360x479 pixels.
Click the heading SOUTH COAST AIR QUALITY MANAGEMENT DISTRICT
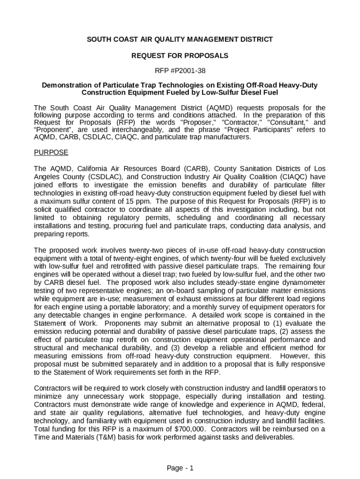(180, 40)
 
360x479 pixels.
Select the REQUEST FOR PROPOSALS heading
(180, 56)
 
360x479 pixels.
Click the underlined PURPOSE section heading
(51, 152)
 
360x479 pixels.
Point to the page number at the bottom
(180, 468)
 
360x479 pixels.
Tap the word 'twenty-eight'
(120, 259)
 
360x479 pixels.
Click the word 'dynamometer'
(302, 283)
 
